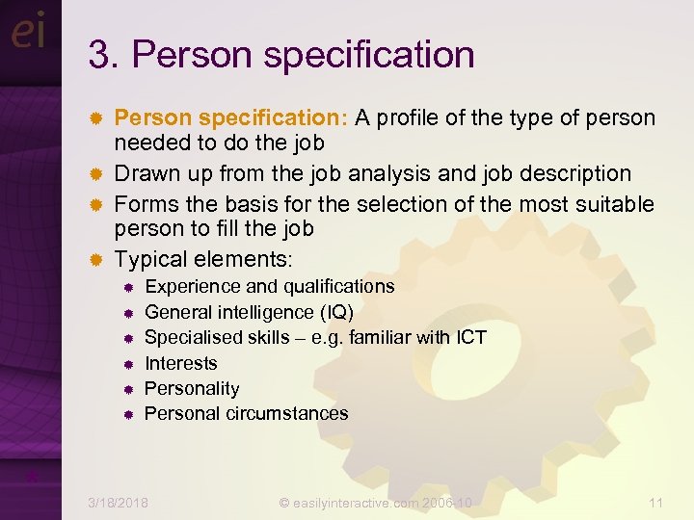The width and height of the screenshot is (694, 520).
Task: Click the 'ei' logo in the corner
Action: coord(28,33)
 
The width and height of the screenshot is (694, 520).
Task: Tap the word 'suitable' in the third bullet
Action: coord(612,204)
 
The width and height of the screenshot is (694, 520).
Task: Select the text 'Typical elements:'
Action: coord(203,259)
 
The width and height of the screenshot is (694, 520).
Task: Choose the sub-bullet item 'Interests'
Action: coord(181,363)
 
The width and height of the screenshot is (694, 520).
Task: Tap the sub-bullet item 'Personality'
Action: coord(192,388)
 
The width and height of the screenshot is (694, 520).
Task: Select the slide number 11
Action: coord(656,502)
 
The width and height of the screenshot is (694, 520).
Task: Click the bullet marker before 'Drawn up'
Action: coord(95,174)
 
